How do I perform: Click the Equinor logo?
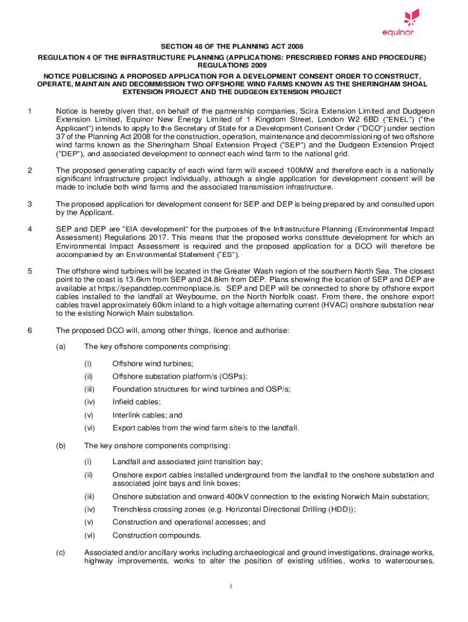[x=399, y=22]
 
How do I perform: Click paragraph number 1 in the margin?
[x=29, y=111]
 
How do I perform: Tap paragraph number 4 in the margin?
[x=29, y=229]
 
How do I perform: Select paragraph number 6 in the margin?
[x=29, y=330]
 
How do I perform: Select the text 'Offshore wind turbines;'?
[x=153, y=363]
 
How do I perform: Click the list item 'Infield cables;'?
[x=137, y=402]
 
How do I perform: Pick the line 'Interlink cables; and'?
[x=147, y=415]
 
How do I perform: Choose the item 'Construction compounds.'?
[x=157, y=535]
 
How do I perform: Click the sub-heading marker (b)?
[x=61, y=445]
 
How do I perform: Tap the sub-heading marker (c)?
[x=61, y=553]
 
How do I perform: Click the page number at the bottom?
[x=232, y=586]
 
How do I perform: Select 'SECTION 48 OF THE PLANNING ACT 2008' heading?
[x=232, y=46]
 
